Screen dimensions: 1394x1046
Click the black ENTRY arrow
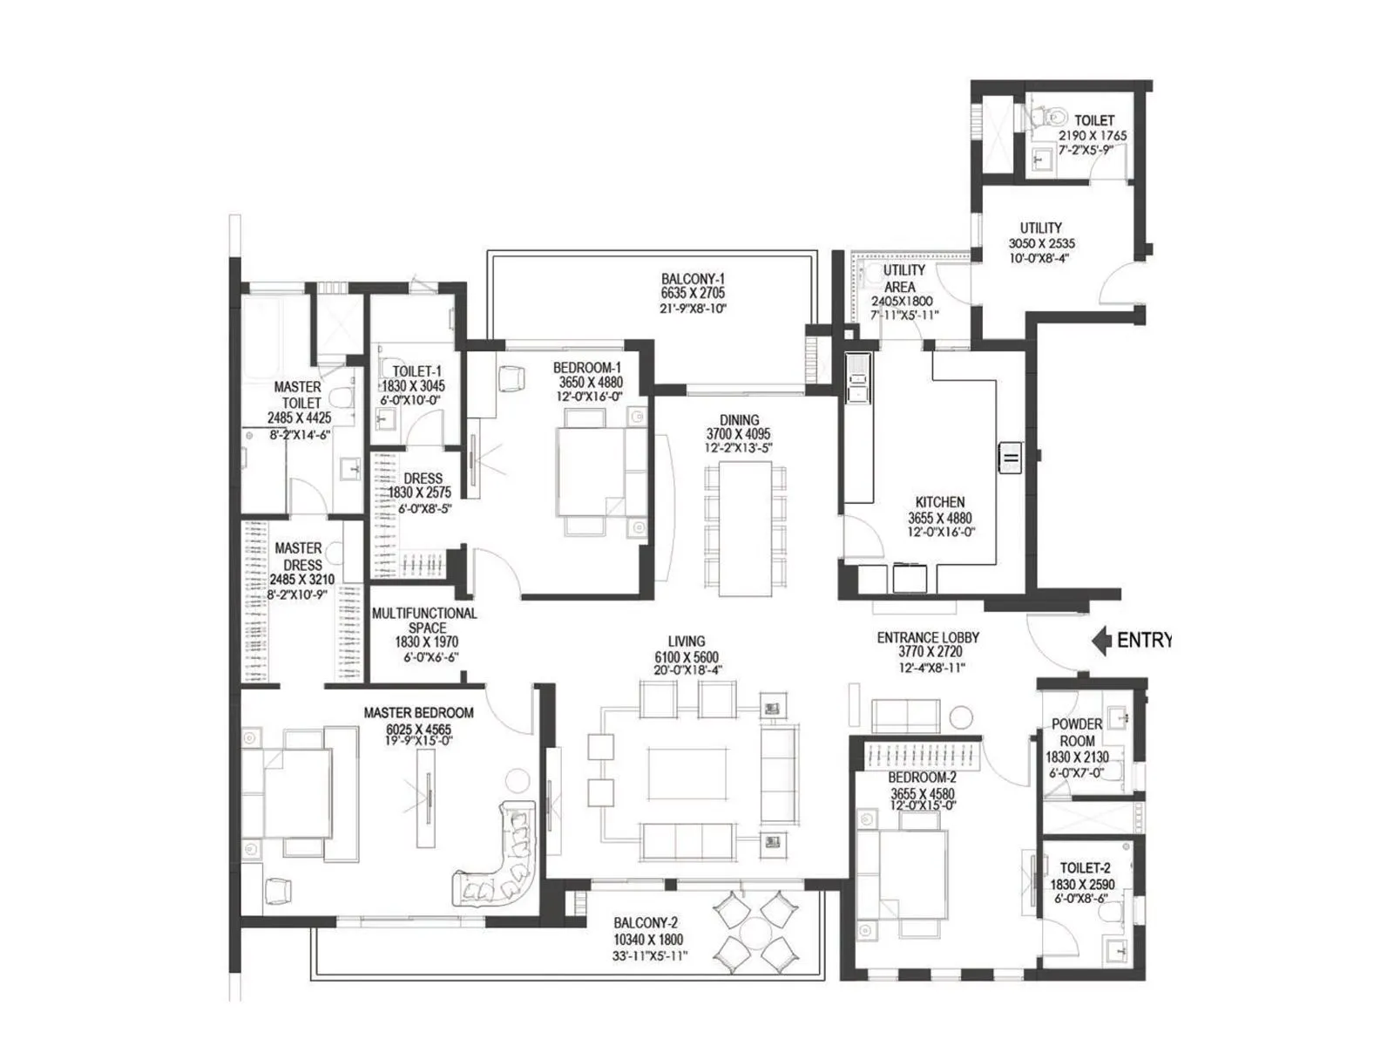pyautogui.click(x=1100, y=640)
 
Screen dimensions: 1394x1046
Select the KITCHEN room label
pyautogui.click(x=939, y=502)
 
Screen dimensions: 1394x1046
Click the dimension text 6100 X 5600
pyautogui.click(x=686, y=657)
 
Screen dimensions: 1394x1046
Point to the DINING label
pyautogui.click(x=739, y=420)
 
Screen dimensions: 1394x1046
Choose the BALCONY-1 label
pyautogui.click(x=693, y=279)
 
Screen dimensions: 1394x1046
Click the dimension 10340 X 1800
pyautogui.click(x=648, y=940)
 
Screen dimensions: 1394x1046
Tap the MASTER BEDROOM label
pyautogui.click(x=418, y=712)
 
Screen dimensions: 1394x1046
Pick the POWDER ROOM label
pyautogui.click(x=1077, y=732)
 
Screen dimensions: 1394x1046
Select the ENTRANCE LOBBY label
pyautogui.click(x=928, y=637)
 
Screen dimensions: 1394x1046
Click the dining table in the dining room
pyautogui.click(x=745, y=528)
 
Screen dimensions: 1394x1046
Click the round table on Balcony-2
pyautogui.click(x=755, y=933)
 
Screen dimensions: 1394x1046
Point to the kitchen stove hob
pyautogui.click(x=1011, y=458)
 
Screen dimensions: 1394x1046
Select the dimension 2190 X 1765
pyautogui.click(x=1093, y=135)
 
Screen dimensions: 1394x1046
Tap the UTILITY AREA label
pyautogui.click(x=903, y=278)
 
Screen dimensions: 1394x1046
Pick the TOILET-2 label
pyautogui.click(x=1085, y=867)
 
